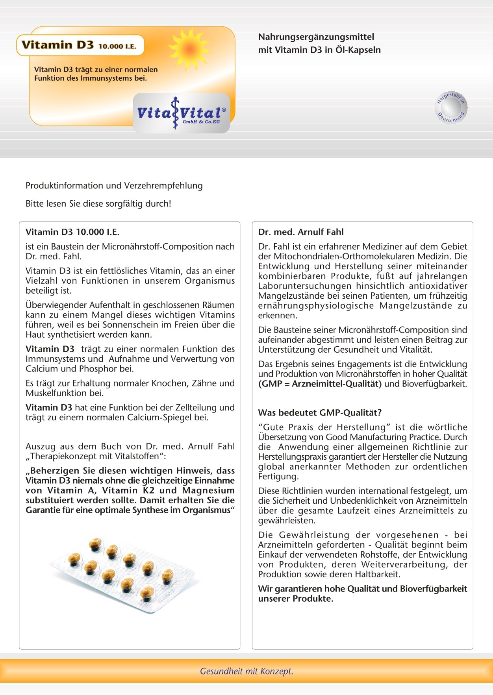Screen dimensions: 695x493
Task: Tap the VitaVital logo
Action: pos(182,113)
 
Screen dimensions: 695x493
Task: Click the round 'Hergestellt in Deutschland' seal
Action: pos(451,107)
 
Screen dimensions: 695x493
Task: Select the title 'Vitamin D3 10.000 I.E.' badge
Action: pos(80,45)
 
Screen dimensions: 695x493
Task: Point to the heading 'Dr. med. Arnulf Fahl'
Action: pos(301,232)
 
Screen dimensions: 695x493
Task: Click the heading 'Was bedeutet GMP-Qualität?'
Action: pos(320,413)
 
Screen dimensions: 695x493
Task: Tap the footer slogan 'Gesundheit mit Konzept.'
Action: pos(246,671)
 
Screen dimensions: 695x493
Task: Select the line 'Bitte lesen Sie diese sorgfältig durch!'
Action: pos(98,204)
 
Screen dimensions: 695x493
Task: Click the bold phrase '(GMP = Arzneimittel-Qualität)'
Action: pos(320,384)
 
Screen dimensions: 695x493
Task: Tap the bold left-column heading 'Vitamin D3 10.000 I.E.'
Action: pos(72,232)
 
